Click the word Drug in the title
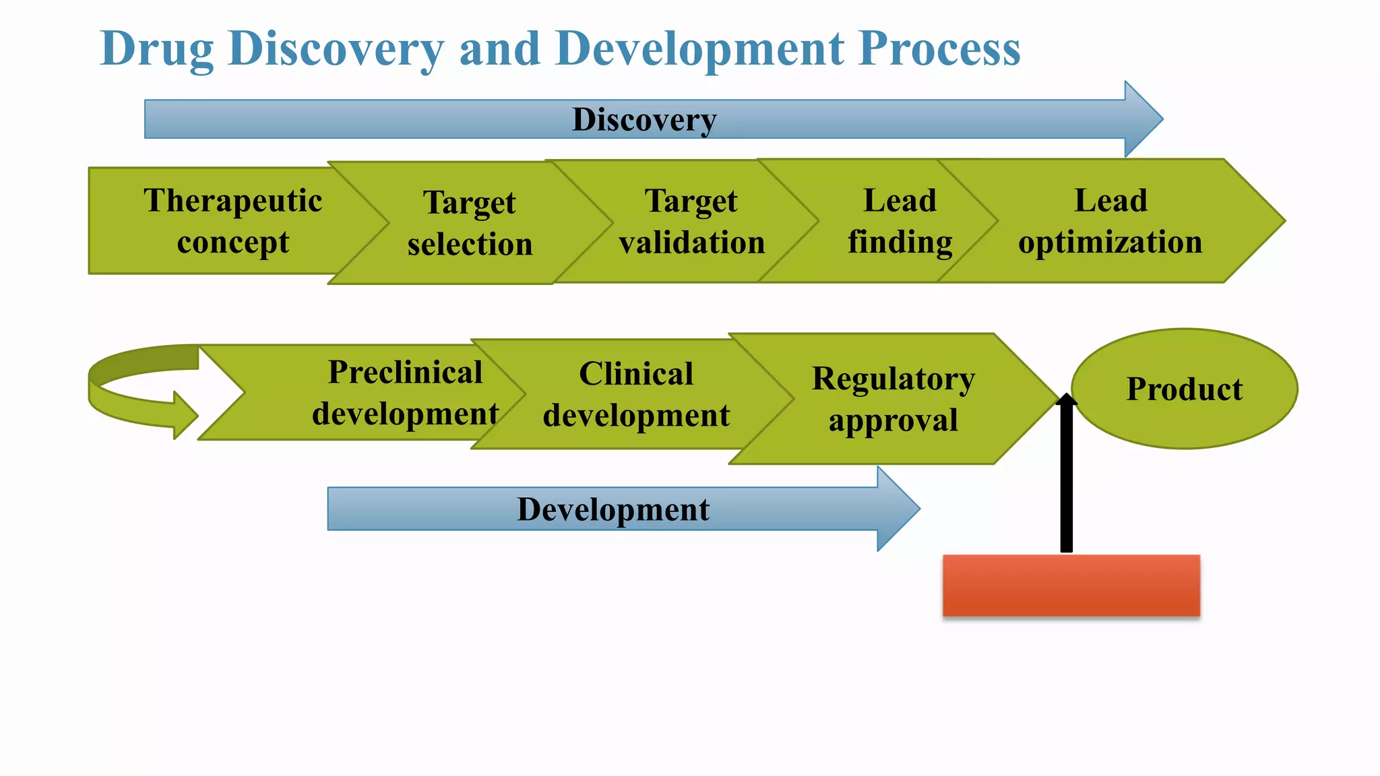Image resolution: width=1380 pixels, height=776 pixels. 156,50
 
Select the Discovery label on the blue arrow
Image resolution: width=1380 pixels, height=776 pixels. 644,120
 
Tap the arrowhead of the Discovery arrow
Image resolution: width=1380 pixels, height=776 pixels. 1143,119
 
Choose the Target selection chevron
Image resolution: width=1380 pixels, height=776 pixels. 470,223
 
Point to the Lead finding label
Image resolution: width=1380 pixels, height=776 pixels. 900,221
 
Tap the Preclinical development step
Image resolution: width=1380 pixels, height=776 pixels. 404,393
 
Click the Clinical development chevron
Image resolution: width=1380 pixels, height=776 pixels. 635,395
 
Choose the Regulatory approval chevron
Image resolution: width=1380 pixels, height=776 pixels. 893,399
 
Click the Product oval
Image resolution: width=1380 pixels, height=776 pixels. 1184,389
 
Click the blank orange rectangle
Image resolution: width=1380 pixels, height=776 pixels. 1071,585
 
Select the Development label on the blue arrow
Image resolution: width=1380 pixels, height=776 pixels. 613,509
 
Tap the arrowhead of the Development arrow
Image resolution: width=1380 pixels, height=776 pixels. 898,509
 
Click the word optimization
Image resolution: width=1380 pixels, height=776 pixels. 1110,243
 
